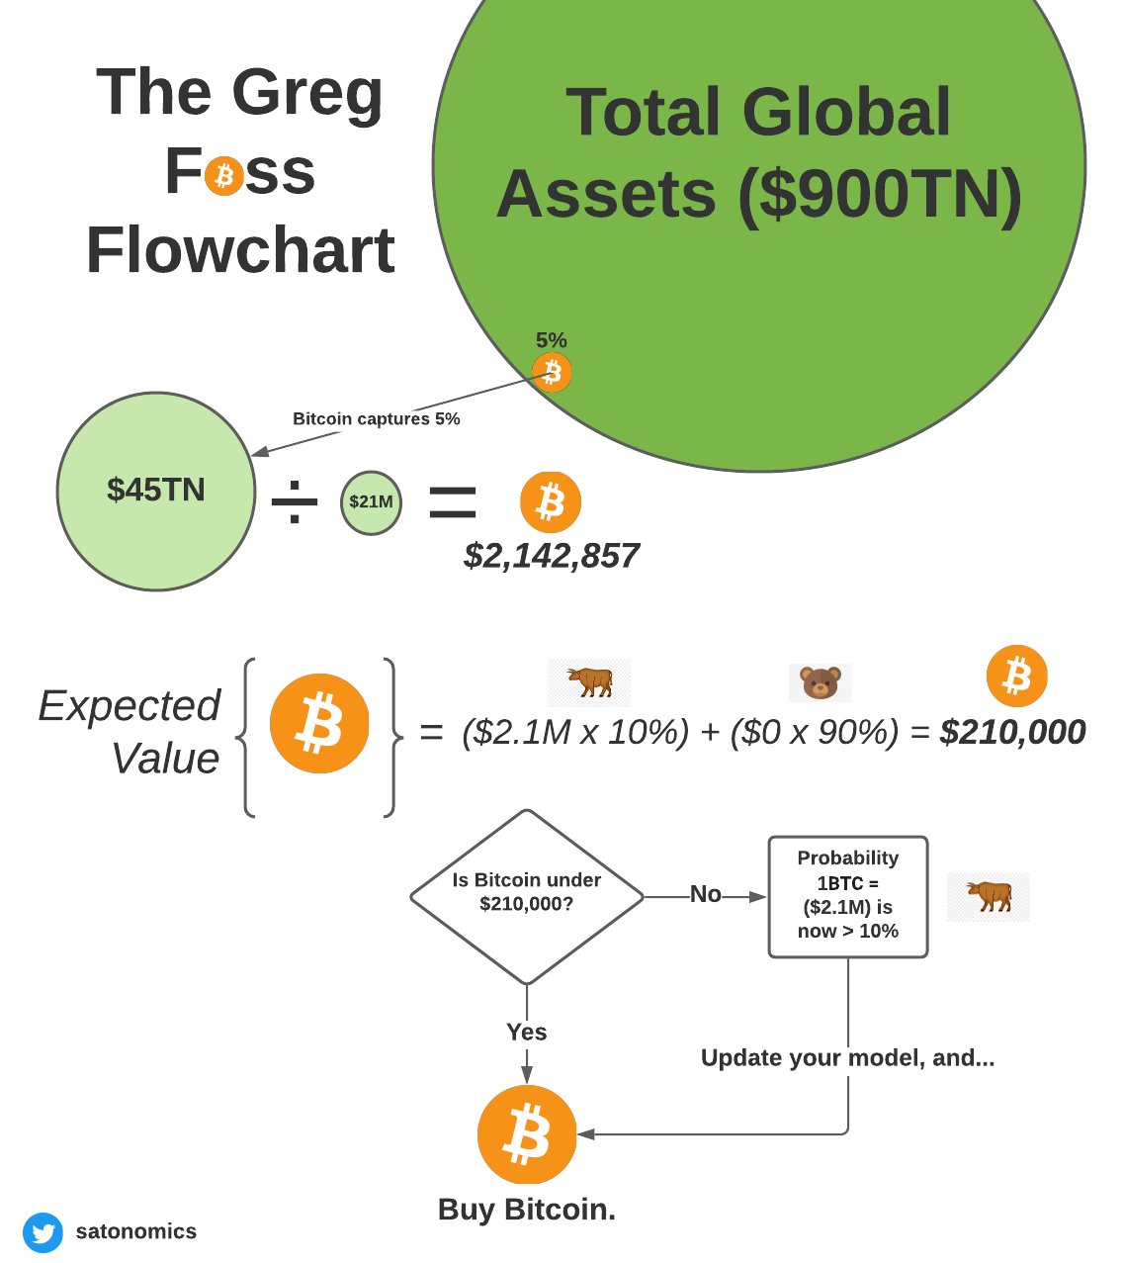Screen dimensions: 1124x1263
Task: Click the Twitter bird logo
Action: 43,1232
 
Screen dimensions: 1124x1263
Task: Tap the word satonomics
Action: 135,1231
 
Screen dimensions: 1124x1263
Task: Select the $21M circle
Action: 371,502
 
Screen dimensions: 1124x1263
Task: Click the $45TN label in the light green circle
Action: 156,490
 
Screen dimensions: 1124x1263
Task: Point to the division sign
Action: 295,501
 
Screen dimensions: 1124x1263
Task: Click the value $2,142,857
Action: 552,556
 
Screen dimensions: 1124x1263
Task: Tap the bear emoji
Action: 820,682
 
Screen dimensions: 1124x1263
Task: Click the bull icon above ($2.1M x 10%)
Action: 589,681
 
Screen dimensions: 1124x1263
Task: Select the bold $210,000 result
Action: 1012,732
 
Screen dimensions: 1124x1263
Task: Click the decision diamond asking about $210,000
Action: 527,897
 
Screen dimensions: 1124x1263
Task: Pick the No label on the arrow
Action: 705,894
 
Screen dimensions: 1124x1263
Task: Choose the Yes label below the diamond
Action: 527,1032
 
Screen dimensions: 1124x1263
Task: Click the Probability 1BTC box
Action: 848,897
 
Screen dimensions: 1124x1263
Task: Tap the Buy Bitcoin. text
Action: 527,1210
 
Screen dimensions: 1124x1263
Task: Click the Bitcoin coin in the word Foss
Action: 223,176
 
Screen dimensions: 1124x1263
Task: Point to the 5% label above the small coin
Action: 552,340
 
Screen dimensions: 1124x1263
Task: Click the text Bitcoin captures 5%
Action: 377,418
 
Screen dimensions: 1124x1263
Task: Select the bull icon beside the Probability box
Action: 989,896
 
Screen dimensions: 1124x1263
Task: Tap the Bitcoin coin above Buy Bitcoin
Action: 527,1134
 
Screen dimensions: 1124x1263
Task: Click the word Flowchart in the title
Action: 240,250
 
